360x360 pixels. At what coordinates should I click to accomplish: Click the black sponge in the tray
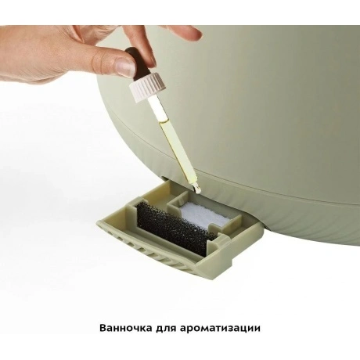(175, 224)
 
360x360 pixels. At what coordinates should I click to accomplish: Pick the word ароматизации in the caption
(220, 328)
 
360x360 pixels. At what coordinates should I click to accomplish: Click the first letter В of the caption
(103, 328)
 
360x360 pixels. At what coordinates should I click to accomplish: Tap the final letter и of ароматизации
(257, 329)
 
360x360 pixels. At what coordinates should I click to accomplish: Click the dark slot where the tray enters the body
(164, 179)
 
